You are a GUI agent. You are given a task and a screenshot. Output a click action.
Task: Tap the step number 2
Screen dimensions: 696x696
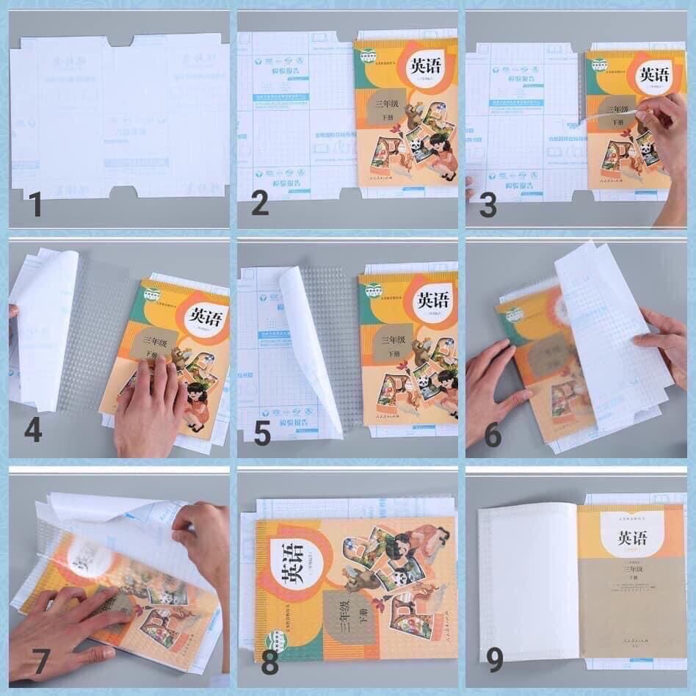pos(260,203)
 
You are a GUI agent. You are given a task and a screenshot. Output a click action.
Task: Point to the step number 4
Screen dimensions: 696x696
pos(33,430)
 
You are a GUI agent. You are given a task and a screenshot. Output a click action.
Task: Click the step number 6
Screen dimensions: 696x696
pos(493,434)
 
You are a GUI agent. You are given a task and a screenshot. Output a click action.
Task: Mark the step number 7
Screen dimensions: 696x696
pos(30,662)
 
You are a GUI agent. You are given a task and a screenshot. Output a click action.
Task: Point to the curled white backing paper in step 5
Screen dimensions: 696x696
pos(308,345)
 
